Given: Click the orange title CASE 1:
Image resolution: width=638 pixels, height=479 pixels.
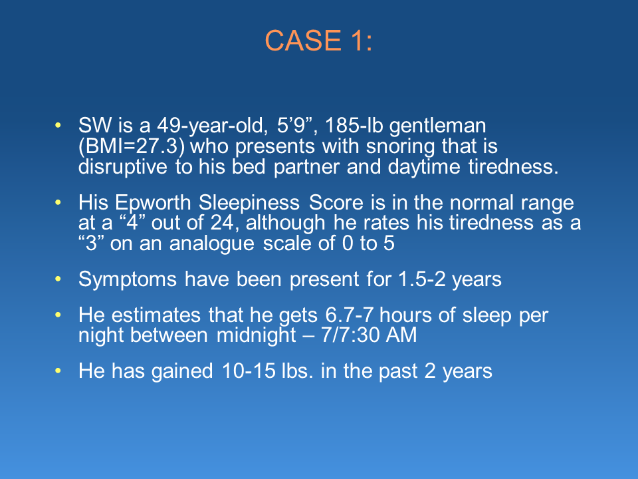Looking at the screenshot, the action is [318, 41].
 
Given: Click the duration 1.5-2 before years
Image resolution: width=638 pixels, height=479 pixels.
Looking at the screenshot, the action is [422, 279].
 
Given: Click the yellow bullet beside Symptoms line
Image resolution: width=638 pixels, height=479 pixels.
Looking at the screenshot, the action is [58, 279].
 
